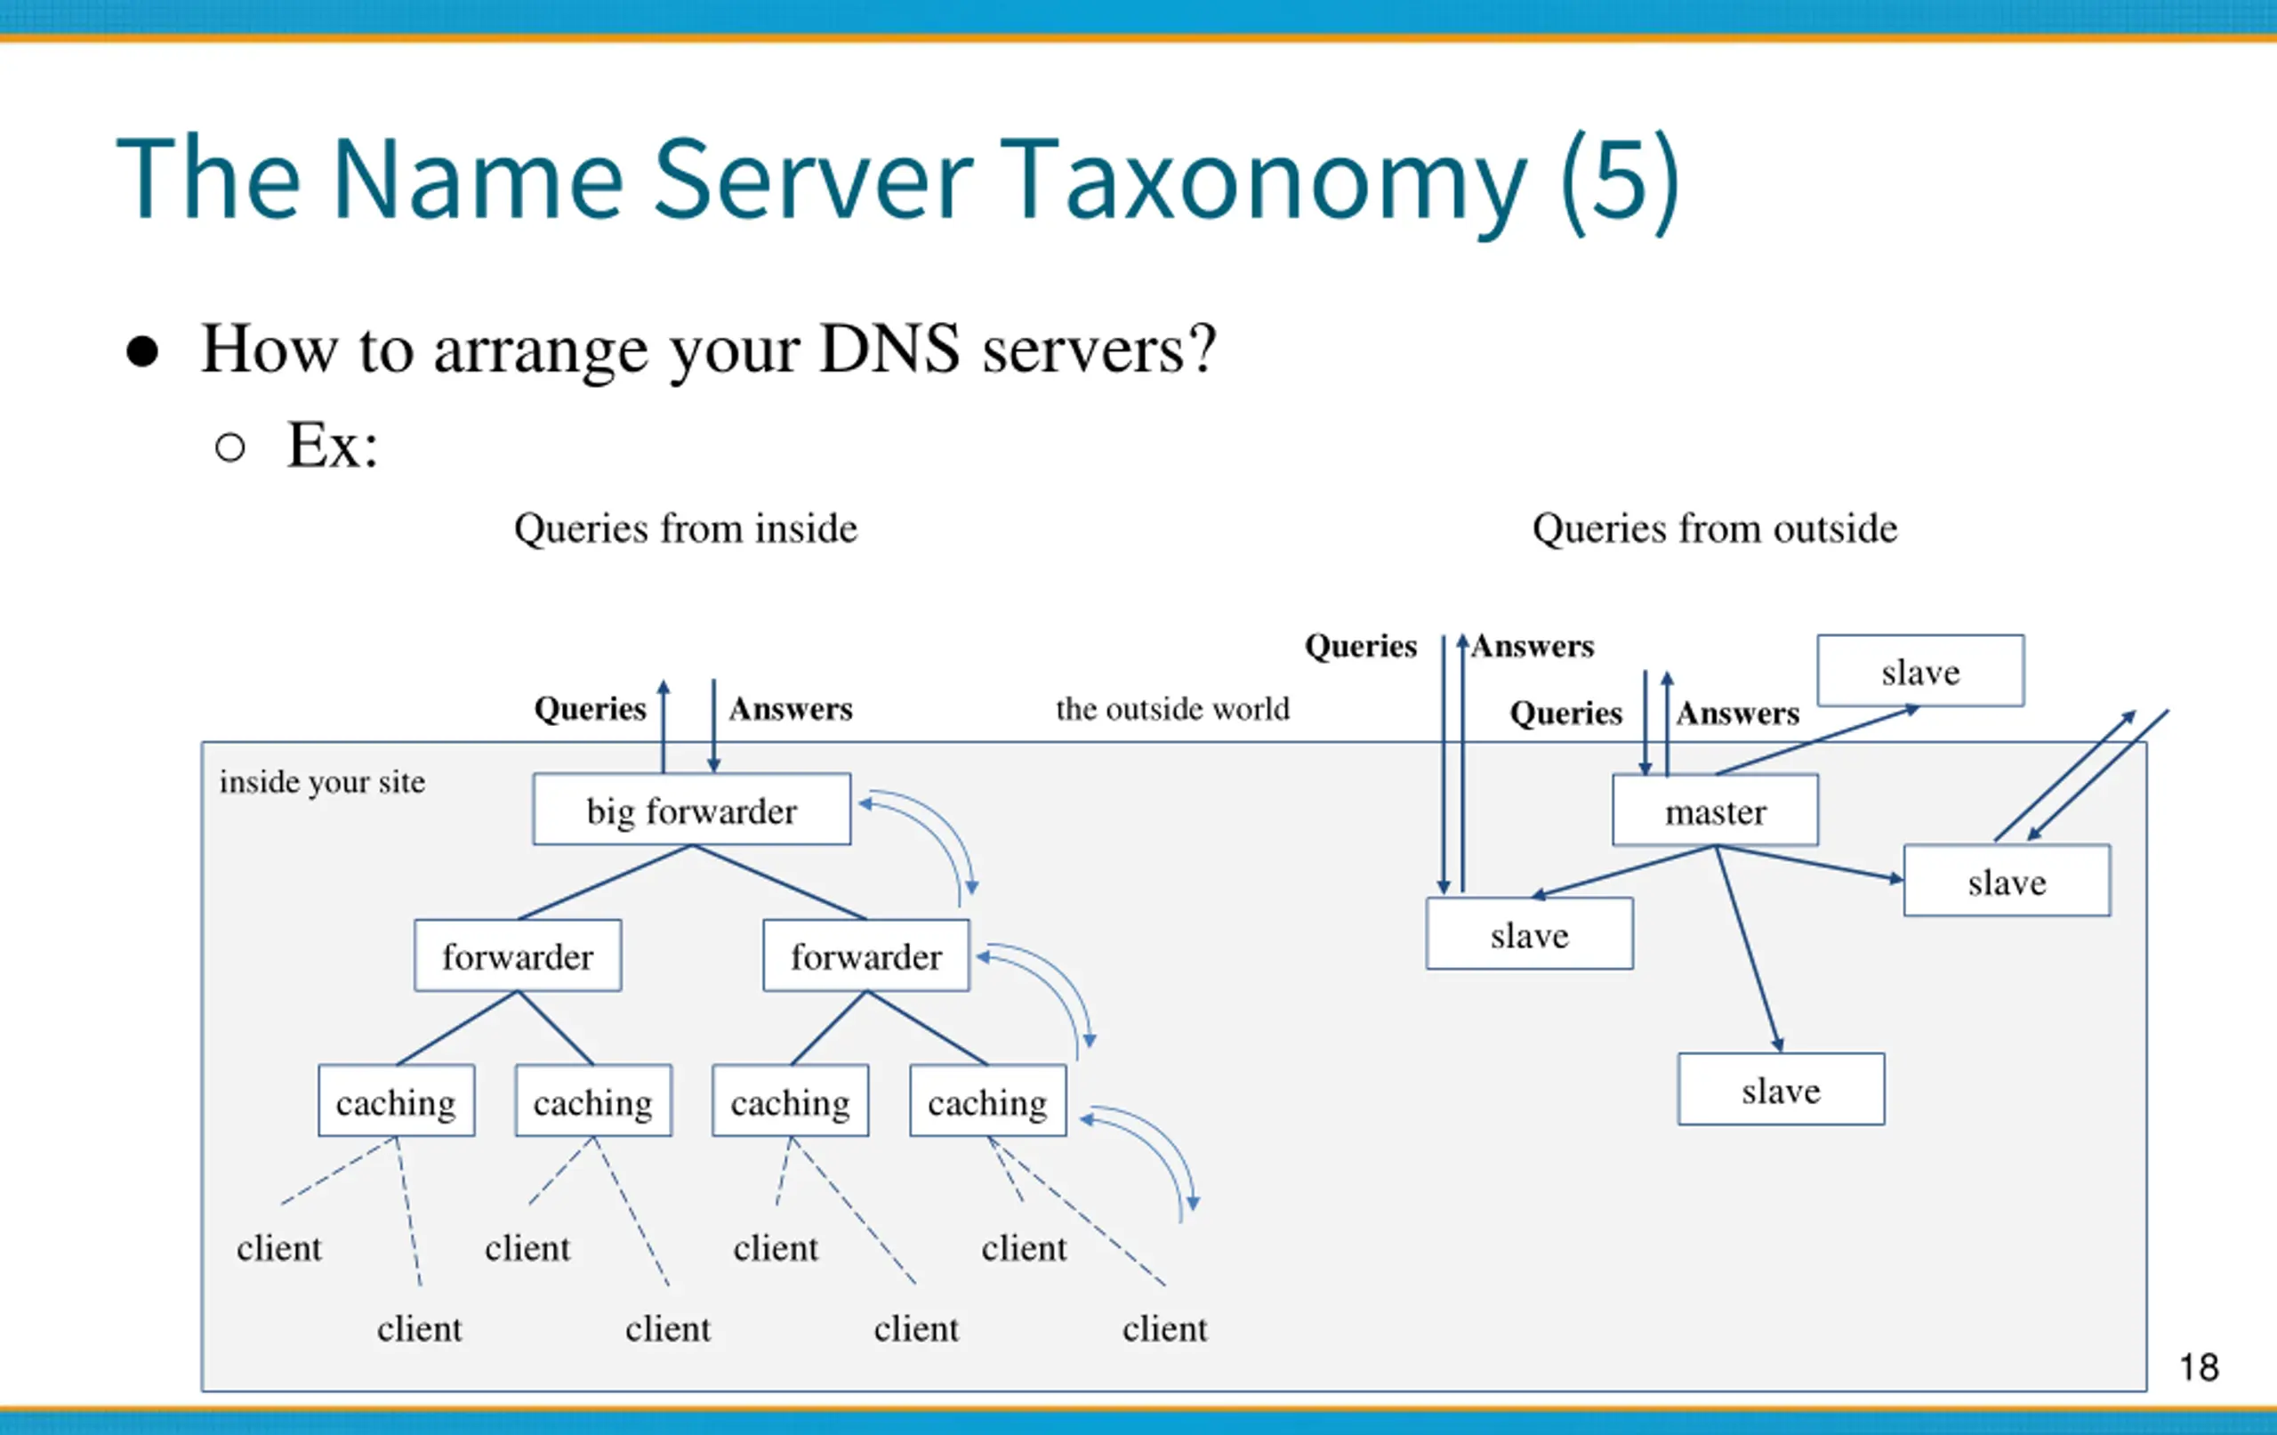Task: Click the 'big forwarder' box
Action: pos(691,810)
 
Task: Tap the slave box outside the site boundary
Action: pos(1920,671)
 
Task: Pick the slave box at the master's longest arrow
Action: pos(1782,1089)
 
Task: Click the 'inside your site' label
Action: pos(323,782)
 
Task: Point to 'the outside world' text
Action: pos(1172,708)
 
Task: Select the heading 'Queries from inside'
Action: pos(686,528)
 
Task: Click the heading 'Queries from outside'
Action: pos(1714,528)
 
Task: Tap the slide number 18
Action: pos(2199,1366)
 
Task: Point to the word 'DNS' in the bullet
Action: pos(889,349)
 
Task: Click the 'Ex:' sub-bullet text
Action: pos(332,445)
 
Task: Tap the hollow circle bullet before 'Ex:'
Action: pos(229,447)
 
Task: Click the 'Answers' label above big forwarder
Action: pos(791,708)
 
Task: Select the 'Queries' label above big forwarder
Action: pos(590,708)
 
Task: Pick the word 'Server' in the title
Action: pos(812,180)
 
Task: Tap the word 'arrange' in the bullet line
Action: pos(543,352)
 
